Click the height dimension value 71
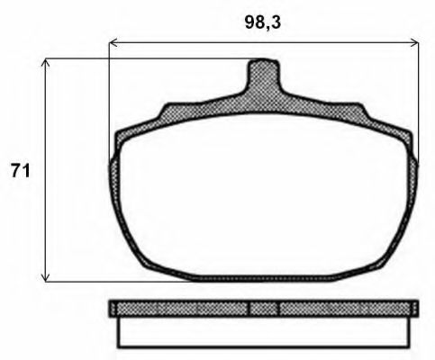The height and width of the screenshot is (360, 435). (x=20, y=170)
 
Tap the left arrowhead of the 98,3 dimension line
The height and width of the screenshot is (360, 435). (x=113, y=41)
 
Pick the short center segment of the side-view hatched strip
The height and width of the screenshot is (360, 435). (x=262, y=309)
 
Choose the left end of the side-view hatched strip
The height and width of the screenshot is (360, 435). (x=114, y=309)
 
